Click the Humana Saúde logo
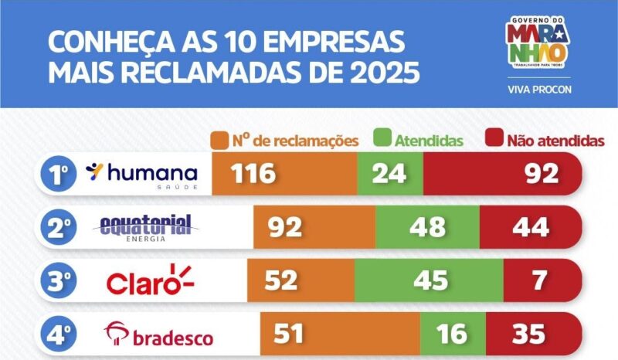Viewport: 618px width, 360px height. tap(142, 174)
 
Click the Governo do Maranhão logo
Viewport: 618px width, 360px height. tap(538, 42)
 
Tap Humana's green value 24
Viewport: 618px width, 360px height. tap(389, 174)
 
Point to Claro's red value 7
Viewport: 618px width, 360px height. tap(538, 280)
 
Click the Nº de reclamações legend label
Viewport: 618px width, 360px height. tap(287, 141)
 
